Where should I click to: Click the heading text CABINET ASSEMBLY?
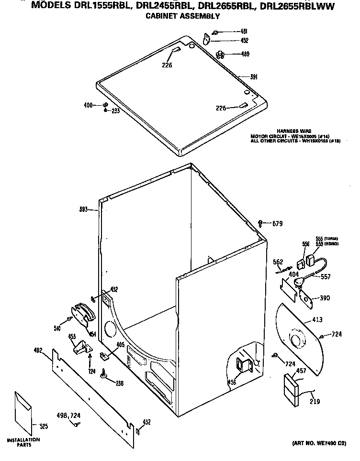coord(182,16)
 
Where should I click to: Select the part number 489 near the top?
coord(245,54)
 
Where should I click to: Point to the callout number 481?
coord(243,32)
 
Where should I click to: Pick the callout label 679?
coord(278,223)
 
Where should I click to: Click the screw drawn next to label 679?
coord(260,222)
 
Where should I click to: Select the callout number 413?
coord(317,319)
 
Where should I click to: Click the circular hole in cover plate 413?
coord(298,341)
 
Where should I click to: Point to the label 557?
coord(326,276)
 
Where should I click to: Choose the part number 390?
coord(325,298)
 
